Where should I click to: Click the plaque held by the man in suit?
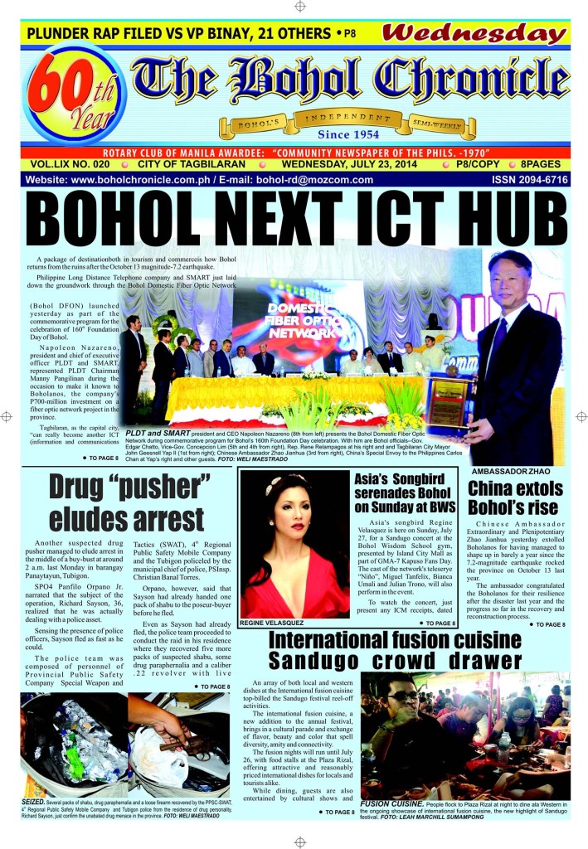pos(449,402)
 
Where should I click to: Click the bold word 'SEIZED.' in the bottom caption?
pos(37,803)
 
